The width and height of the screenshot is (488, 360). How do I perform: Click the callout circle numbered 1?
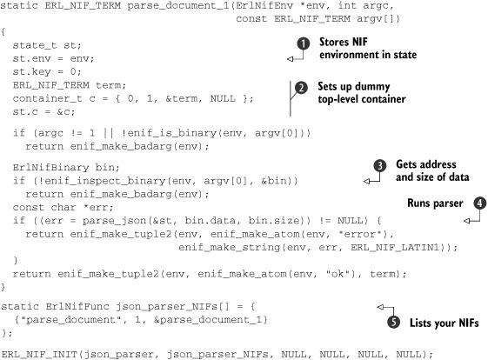tap(303, 43)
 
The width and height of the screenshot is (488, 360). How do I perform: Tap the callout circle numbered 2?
tap(301, 88)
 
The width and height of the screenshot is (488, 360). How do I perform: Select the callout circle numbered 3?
tap(379, 166)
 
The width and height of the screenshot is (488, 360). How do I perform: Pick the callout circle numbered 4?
tap(479, 203)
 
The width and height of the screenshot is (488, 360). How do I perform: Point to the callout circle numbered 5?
tap(394, 322)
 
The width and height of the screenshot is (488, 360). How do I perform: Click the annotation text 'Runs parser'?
tap(435, 203)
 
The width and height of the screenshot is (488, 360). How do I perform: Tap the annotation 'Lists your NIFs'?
tap(445, 323)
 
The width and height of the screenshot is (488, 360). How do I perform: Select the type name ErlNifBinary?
tap(50, 168)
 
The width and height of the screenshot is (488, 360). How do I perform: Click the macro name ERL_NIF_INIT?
tap(39, 355)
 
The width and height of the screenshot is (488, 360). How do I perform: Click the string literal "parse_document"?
tap(70, 320)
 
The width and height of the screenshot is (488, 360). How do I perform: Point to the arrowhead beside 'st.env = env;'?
tap(290, 59)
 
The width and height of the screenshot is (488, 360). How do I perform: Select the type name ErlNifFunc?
tap(77, 306)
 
